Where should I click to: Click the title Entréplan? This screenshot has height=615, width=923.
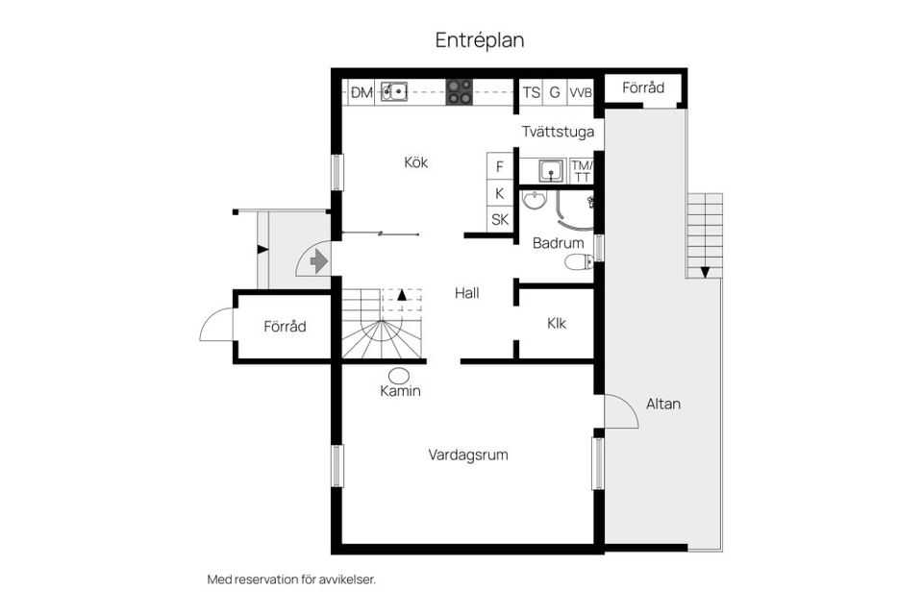tap(479, 40)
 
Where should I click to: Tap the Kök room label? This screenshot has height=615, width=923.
tap(415, 162)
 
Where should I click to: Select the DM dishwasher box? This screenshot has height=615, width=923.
tap(362, 92)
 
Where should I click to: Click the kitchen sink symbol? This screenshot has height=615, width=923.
tap(393, 92)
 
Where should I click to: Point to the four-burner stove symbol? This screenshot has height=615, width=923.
tap(460, 92)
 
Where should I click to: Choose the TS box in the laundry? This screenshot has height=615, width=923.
tap(531, 92)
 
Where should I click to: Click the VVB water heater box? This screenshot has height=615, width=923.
tap(580, 92)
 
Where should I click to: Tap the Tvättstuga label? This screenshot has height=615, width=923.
tap(558, 132)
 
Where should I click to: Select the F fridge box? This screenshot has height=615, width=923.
tap(499, 166)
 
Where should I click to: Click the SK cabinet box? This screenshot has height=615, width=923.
tap(499, 219)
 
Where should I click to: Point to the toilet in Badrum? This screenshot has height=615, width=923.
tap(577, 261)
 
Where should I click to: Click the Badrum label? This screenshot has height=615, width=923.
tap(558, 243)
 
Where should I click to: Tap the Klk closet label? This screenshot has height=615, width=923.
tap(557, 323)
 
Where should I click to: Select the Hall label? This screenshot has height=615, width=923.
tap(467, 293)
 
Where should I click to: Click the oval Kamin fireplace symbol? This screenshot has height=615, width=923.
tap(400, 374)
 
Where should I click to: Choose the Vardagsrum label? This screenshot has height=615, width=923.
tap(468, 455)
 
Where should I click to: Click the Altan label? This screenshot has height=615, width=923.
tap(662, 404)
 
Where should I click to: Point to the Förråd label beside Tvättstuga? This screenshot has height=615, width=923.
tap(643, 87)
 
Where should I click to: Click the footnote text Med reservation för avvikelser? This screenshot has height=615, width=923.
tap(291, 579)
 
